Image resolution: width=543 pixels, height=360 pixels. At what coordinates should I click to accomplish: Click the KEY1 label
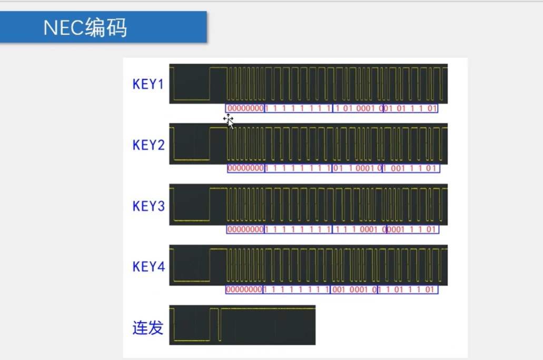[x=148, y=84]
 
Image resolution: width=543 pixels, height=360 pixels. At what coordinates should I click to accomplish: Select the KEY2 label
[x=148, y=145]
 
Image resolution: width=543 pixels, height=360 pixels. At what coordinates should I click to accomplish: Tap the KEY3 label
[x=148, y=206]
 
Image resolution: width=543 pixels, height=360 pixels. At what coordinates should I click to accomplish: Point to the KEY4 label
[x=148, y=267]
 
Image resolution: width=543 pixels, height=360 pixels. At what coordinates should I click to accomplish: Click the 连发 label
[x=147, y=328]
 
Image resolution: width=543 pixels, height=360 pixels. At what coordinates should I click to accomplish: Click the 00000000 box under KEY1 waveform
[x=245, y=108]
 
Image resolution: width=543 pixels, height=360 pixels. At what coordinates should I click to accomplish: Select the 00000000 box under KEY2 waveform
[x=246, y=168]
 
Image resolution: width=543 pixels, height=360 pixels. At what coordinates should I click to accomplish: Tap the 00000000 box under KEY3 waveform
[x=245, y=229]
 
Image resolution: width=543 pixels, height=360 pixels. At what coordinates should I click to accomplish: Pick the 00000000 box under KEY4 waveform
[x=244, y=290]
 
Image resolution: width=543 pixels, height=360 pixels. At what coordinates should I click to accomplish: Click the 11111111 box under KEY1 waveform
[x=298, y=108]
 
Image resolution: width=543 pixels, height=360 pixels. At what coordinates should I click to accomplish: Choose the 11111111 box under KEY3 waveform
[x=298, y=229]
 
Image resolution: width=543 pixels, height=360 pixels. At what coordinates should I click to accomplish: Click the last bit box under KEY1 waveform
[x=411, y=108]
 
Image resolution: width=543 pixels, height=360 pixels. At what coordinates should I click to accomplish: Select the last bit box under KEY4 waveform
[x=408, y=290]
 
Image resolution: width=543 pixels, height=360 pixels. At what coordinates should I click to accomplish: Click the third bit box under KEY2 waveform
[x=357, y=168]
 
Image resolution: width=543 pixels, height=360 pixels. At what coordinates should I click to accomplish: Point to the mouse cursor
[x=228, y=120]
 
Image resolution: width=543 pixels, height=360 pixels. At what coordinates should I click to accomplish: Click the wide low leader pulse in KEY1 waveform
[x=192, y=98]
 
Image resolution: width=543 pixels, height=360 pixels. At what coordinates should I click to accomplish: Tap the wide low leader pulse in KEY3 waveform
[x=192, y=219]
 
